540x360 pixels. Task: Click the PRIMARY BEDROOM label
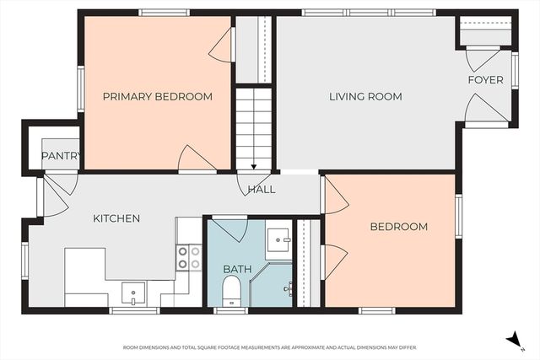click(157, 97)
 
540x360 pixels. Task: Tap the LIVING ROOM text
click(364, 97)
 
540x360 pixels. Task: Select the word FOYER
click(486, 80)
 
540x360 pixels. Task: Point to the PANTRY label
click(60, 156)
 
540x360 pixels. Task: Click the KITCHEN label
click(116, 218)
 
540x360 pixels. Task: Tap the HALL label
click(262, 190)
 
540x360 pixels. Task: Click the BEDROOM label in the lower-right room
click(398, 227)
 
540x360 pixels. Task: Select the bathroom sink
click(278, 243)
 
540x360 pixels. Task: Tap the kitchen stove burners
click(189, 257)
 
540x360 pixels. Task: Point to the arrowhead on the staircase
click(254, 166)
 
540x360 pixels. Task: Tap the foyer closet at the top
click(486, 35)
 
